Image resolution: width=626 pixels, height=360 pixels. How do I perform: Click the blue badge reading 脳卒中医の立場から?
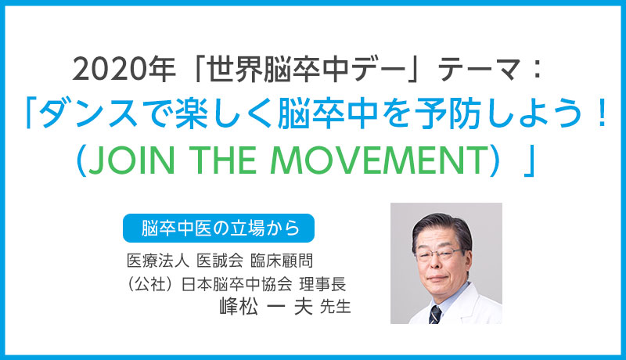click(x=218, y=229)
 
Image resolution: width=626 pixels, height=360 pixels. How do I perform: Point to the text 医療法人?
click(x=158, y=261)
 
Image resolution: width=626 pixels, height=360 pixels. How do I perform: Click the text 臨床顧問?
click(x=282, y=261)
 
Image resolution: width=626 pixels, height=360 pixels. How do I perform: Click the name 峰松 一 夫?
click(x=266, y=307)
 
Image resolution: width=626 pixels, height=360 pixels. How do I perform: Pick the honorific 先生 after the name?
click(x=336, y=307)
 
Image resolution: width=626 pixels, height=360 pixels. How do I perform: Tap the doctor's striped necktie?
click(x=435, y=314)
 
